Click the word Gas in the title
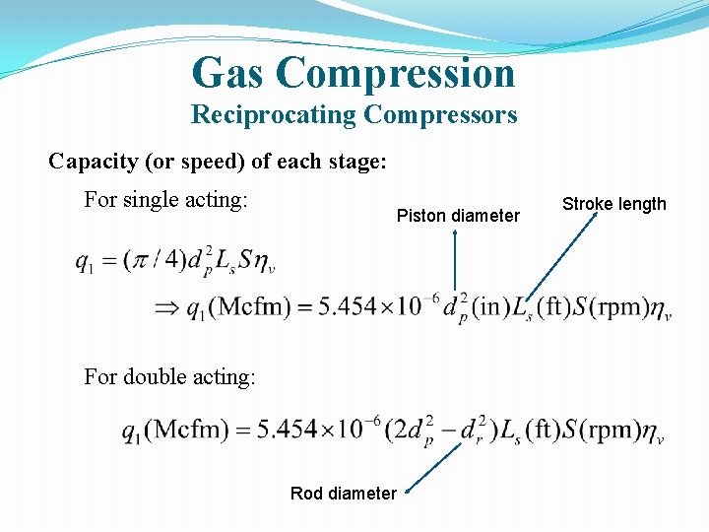230,73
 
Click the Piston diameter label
458,216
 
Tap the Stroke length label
613,204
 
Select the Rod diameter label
344,493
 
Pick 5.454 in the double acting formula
290,431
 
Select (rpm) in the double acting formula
610,431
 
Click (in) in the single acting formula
488,306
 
